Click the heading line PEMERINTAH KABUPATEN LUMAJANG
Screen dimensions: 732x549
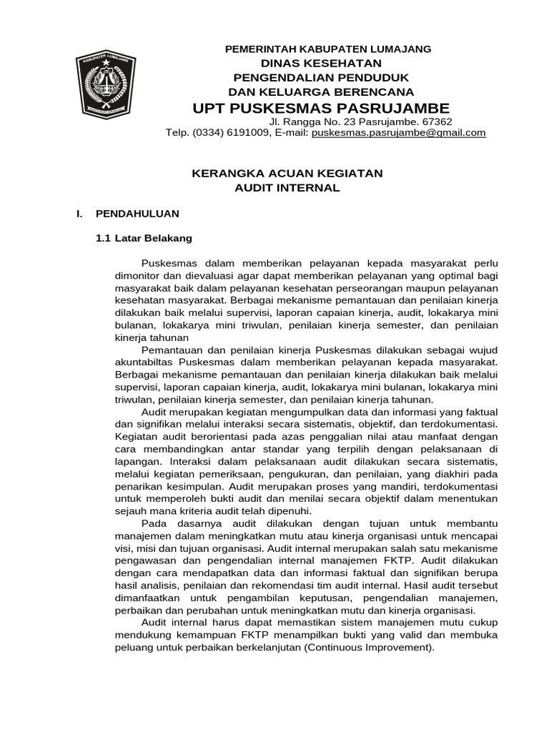(318, 49)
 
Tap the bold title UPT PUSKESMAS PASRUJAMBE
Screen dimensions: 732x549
(321, 108)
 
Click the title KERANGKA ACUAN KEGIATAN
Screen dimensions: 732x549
(289, 173)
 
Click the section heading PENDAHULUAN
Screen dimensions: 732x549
(138, 213)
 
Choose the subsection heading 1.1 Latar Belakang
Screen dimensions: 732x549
(144, 238)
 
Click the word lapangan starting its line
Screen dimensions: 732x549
(136, 462)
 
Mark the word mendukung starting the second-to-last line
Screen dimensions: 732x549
(142, 635)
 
